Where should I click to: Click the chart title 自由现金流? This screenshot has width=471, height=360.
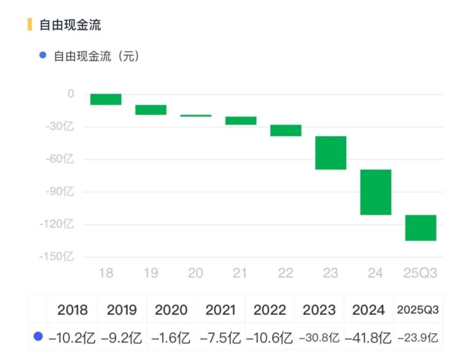(x=70, y=25)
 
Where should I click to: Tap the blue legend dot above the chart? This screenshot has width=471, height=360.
(x=42, y=55)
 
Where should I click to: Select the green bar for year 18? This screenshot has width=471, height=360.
(x=106, y=99)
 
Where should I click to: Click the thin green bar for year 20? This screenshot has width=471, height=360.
(x=196, y=116)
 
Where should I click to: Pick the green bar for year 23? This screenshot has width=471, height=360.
(x=331, y=153)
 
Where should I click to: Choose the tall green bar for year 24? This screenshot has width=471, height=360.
(x=375, y=192)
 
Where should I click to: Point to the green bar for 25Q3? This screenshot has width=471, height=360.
(x=420, y=228)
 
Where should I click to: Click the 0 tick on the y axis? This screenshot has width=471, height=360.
(x=71, y=94)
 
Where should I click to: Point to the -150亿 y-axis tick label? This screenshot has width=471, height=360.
(x=57, y=257)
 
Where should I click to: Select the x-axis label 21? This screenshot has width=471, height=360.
(x=240, y=273)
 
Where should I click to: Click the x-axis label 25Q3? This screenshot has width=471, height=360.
(x=419, y=273)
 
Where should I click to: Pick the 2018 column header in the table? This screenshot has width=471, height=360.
(x=72, y=310)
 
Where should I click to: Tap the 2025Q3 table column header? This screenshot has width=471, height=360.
(x=418, y=310)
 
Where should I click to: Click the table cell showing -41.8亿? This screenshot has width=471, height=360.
(x=368, y=337)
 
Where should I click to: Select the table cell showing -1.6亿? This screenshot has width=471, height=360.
(x=171, y=337)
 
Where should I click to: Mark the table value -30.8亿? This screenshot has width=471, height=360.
(x=319, y=337)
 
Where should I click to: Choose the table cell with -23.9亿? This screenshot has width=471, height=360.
(x=418, y=337)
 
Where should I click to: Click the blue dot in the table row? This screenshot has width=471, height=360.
(x=38, y=336)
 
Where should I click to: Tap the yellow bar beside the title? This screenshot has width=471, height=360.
(x=30, y=24)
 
